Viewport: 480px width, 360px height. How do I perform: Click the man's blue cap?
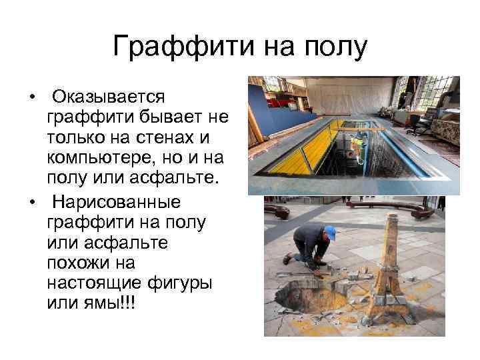[329, 232]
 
